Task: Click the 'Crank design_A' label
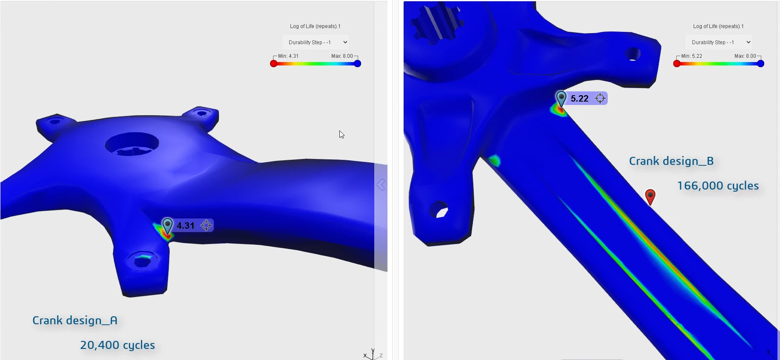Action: [x=75, y=320]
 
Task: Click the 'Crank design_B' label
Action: [x=671, y=161]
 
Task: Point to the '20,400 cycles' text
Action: [x=117, y=345]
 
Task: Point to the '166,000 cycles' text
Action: [x=718, y=186]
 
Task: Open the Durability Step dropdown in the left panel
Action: [x=316, y=42]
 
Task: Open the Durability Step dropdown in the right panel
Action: [x=719, y=42]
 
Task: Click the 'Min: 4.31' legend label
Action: [x=288, y=56]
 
